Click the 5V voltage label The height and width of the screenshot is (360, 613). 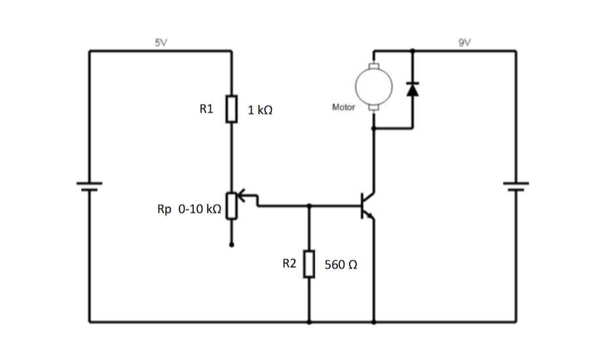pyautogui.click(x=160, y=43)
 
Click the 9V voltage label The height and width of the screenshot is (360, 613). pyautogui.click(x=464, y=43)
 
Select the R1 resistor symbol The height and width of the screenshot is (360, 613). pyautogui.click(x=231, y=109)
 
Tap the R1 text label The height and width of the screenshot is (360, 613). pyautogui.click(x=206, y=109)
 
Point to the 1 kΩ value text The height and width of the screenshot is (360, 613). pyautogui.click(x=260, y=111)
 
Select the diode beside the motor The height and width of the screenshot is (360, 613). pyautogui.click(x=412, y=88)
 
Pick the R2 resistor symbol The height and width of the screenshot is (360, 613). pyautogui.click(x=309, y=264)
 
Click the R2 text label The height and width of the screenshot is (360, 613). pyautogui.click(x=289, y=264)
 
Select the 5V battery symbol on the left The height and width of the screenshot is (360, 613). pyautogui.click(x=90, y=186)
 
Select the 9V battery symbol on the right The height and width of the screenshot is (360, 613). pyautogui.click(x=515, y=186)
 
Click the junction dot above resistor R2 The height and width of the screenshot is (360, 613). pyautogui.click(x=309, y=206)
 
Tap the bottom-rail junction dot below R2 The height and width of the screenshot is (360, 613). pyautogui.click(x=309, y=322)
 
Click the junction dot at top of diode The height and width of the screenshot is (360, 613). pyautogui.click(x=412, y=50)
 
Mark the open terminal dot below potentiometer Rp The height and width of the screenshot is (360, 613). pyautogui.click(x=231, y=245)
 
